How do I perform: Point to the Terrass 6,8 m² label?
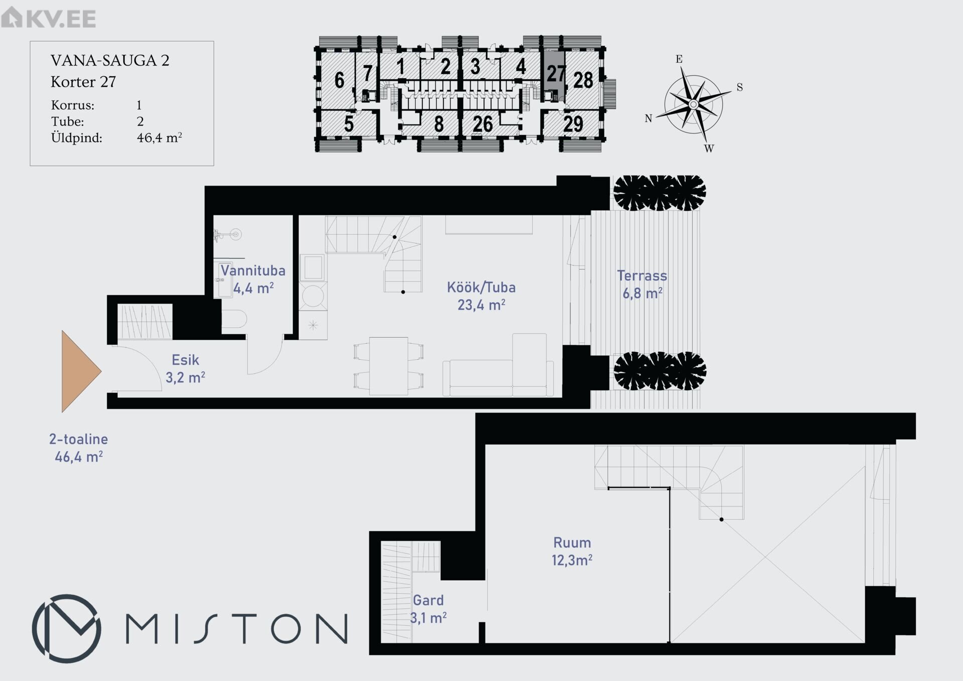642,284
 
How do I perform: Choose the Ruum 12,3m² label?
572,551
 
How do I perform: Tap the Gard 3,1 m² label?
428,609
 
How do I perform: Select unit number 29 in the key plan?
573,123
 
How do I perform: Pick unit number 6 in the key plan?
340,80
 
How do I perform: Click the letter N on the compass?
649,118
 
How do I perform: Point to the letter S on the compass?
740,87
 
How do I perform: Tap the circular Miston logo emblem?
67,629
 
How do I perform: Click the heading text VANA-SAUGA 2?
110,61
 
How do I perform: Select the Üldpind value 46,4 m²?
159,138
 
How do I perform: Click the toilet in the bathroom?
234,319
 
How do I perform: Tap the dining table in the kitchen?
389,366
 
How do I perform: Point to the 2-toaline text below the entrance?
79,439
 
